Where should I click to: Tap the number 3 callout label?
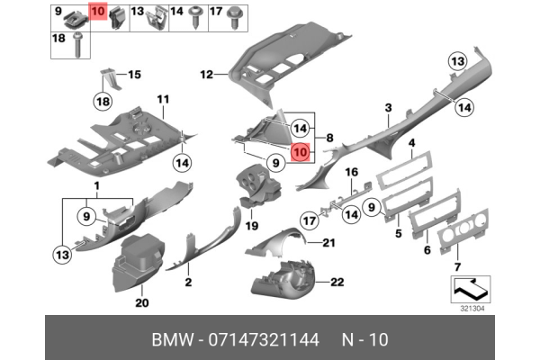click(388, 108)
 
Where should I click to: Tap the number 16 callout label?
click(352, 172)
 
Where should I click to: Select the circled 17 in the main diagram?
click(307, 218)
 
